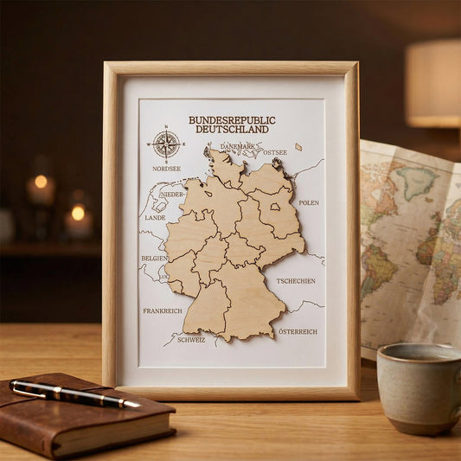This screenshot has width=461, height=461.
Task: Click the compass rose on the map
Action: pyautogui.click(x=165, y=144)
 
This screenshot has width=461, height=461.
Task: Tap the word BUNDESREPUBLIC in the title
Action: pyautogui.click(x=231, y=120)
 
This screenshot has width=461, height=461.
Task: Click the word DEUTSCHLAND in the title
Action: pyautogui.click(x=231, y=130)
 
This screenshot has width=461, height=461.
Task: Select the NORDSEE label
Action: pyautogui.click(x=166, y=169)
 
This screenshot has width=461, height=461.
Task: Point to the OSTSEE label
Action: pyautogui.click(x=275, y=152)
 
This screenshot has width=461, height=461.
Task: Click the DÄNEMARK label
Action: pyautogui.click(x=237, y=147)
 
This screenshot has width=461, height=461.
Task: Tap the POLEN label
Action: pyautogui.click(x=309, y=202)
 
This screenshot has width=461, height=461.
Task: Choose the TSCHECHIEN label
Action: pyautogui.click(x=296, y=281)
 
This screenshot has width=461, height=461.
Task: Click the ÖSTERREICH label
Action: pyautogui.click(x=298, y=331)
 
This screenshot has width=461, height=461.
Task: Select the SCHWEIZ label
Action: pyautogui.click(x=191, y=340)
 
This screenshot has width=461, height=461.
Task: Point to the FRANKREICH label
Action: pyautogui.click(x=163, y=311)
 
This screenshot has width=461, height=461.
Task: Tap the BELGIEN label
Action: pyautogui.click(x=154, y=258)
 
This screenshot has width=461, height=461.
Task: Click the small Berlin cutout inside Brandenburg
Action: pyautogui.click(x=273, y=206)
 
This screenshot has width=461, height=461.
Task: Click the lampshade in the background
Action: pyautogui.click(x=432, y=82)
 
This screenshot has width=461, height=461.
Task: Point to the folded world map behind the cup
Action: pyautogui.click(x=407, y=234)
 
